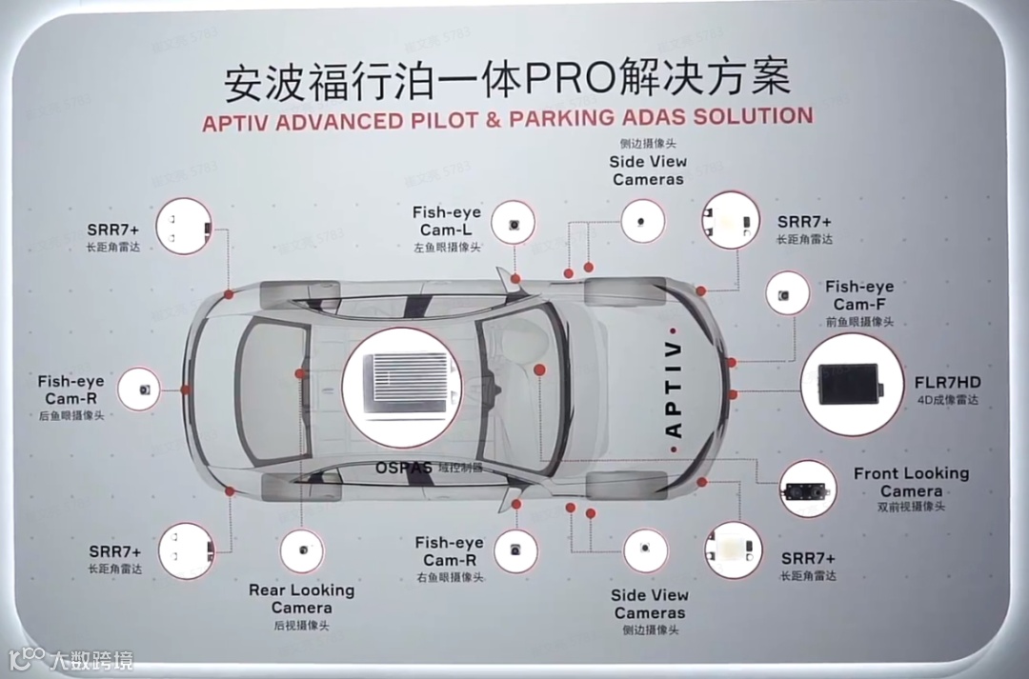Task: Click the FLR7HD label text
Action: click(946, 383)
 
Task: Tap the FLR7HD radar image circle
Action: click(851, 384)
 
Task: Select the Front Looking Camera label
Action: click(910, 482)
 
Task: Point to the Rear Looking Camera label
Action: click(301, 598)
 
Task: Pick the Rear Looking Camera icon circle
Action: click(301, 551)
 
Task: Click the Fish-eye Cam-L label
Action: click(447, 221)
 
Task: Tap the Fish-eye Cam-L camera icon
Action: click(514, 223)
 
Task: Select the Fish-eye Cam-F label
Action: click(859, 295)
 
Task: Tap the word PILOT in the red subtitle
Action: click(444, 120)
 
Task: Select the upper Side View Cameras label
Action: click(648, 170)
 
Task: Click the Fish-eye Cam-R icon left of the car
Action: click(140, 389)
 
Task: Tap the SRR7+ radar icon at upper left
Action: click(184, 226)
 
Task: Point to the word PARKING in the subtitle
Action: click(563, 119)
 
